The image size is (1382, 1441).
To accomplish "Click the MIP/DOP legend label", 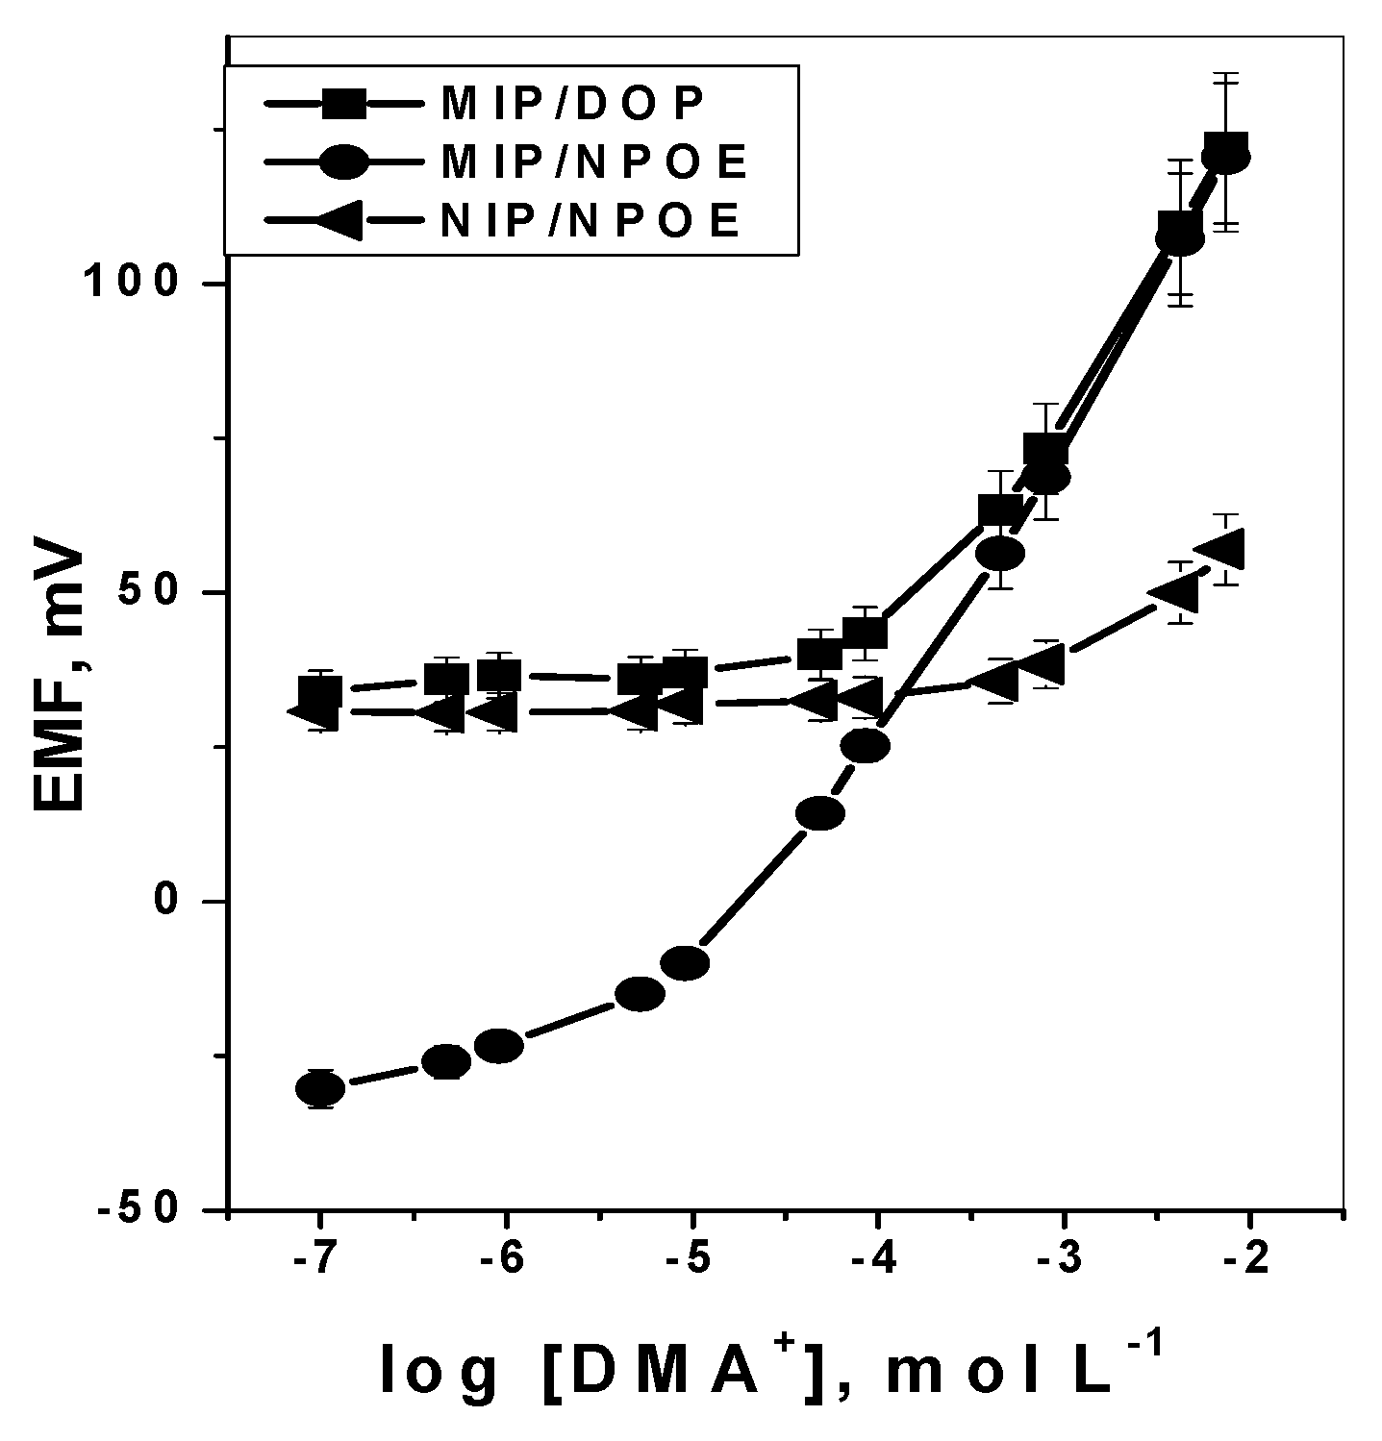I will pos(572,104).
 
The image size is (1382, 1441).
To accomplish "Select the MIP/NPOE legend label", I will pos(593,162).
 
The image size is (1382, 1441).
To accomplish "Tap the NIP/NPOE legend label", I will pos(590,222).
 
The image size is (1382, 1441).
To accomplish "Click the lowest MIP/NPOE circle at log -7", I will pos(320,1088).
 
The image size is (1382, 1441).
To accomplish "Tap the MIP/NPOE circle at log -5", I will pos(686,962).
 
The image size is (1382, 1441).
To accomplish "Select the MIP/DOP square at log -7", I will pos(320,691).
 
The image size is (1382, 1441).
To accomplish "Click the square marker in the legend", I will pos(342,104).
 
